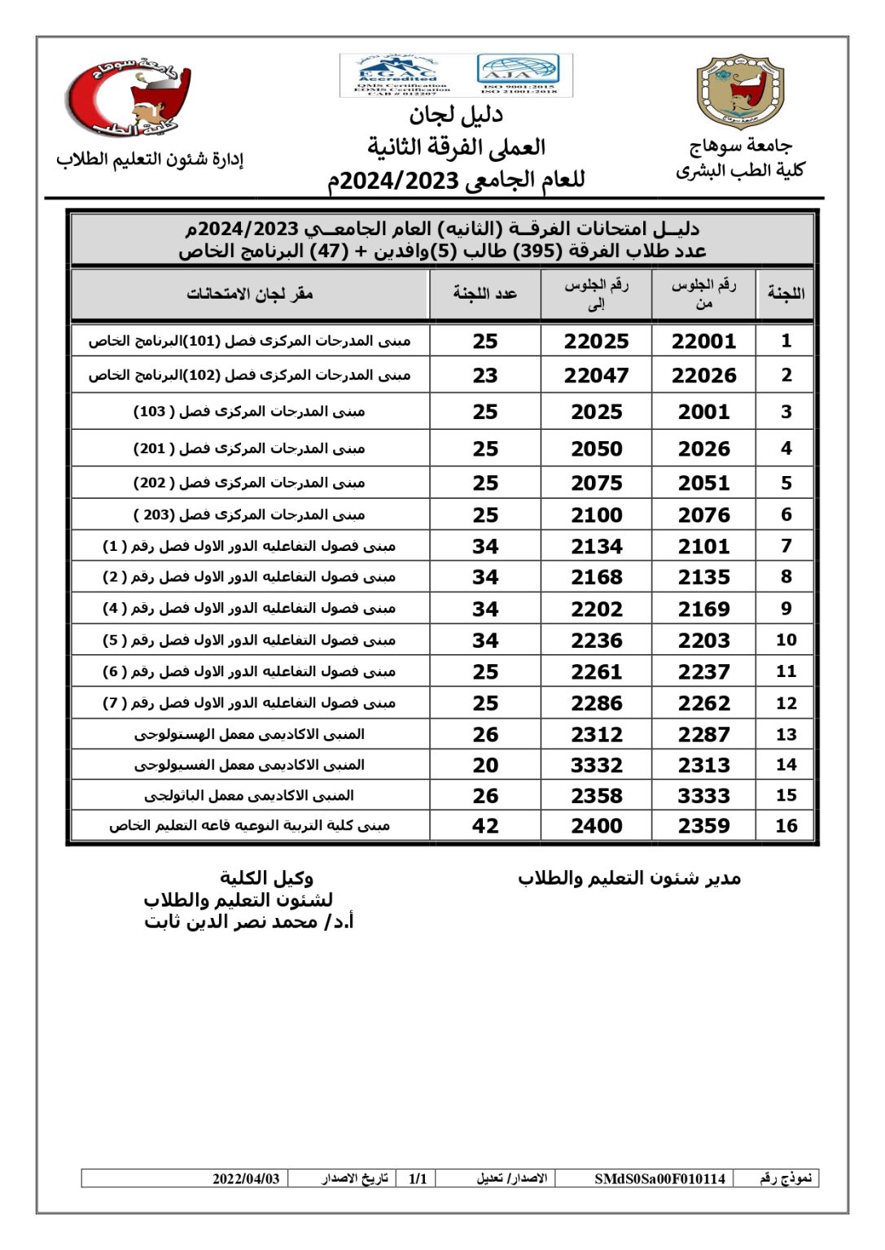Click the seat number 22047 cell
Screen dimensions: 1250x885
596,376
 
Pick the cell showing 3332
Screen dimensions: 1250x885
596,765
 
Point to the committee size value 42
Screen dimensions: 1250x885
485,826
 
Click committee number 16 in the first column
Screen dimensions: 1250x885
786,826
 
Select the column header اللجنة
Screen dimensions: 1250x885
786,294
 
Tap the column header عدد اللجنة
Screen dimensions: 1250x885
485,294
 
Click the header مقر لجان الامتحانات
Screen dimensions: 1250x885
250,294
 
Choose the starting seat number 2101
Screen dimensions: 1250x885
703,547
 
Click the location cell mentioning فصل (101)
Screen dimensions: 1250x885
250,341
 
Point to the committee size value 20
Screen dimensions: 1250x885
485,765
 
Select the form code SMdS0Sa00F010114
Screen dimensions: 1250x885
659,1178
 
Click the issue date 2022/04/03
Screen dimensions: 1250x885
246,1178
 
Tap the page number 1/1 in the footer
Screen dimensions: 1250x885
418,1178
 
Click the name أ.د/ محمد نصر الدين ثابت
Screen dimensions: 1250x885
249,922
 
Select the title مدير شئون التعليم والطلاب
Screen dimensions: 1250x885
629,878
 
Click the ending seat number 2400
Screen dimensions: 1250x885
596,826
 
